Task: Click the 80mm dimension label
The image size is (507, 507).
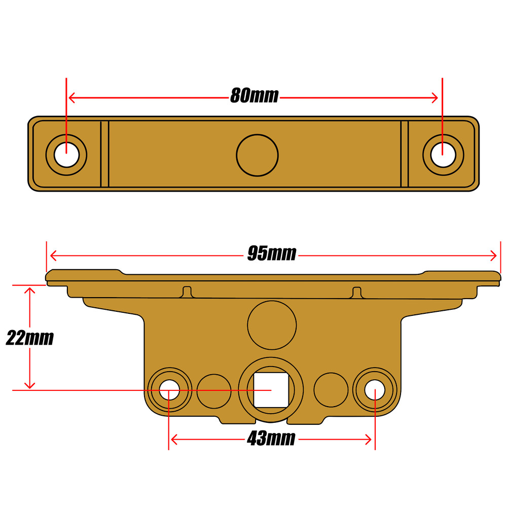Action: click(x=254, y=95)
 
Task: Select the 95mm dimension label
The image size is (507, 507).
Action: click(x=271, y=253)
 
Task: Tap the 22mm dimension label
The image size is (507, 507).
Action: click(x=29, y=338)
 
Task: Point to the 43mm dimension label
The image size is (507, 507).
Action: click(x=271, y=439)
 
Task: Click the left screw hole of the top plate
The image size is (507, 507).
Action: click(x=66, y=155)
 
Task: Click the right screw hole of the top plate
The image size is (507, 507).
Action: click(x=443, y=155)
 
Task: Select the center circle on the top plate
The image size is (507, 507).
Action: click(x=258, y=155)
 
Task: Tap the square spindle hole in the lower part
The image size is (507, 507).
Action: click(x=271, y=390)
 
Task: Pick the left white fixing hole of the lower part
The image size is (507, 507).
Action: click(x=169, y=390)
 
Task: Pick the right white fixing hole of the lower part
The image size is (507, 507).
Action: click(x=374, y=390)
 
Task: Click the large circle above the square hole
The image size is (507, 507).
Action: click(x=272, y=325)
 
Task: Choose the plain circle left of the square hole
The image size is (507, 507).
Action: click(x=214, y=391)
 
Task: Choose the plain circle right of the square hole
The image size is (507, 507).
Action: click(x=331, y=391)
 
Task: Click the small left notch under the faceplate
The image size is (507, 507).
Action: click(x=187, y=292)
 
